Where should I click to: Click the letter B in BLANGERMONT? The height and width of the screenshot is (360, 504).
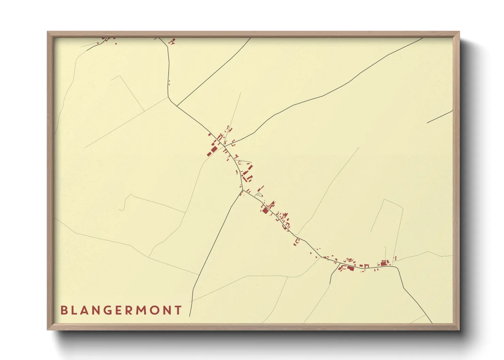coord(64,310)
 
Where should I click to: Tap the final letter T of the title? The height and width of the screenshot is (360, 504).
coord(178,310)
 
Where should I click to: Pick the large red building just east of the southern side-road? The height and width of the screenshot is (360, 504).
coord(350,268)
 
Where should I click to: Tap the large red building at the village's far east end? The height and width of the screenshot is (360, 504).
coord(383,263)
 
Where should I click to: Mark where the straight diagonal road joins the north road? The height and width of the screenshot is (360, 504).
coord(177,105)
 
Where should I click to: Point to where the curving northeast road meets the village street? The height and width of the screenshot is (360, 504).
coord(224,147)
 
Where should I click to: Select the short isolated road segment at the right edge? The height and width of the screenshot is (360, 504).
coord(440,117)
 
